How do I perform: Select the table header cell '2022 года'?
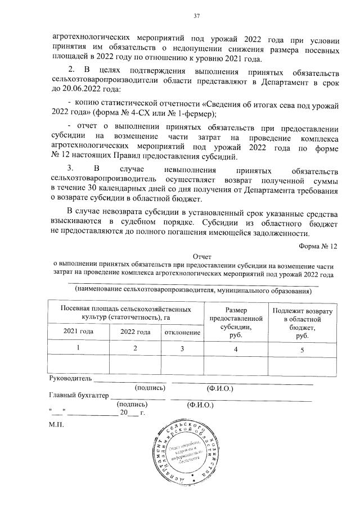click(x=136, y=332)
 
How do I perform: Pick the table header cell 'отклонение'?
click(x=183, y=332)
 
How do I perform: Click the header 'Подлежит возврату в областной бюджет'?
click(x=302, y=323)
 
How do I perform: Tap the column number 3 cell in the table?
click(x=183, y=348)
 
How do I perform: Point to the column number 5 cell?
click(x=302, y=350)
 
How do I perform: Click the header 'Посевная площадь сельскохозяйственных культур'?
click(x=125, y=313)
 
